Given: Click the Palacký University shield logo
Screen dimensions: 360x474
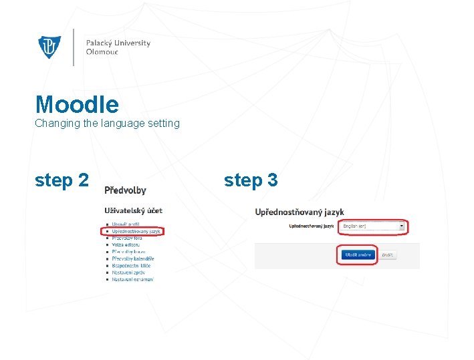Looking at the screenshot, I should coord(49,47).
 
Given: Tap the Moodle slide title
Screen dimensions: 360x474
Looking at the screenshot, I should coord(77,104).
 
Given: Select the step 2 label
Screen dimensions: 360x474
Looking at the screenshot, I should coord(62,180).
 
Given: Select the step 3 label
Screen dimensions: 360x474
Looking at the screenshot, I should coord(251,180).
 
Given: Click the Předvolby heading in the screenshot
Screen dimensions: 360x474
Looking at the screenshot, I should coord(125,190).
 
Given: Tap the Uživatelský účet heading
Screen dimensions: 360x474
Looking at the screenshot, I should coord(133,210).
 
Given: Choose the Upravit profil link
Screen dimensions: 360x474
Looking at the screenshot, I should coord(126,224).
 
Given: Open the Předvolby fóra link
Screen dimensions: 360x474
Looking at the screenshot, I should coord(127,238).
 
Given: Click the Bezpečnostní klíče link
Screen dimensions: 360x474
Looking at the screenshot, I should coord(131,265).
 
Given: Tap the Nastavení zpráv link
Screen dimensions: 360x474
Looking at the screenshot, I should coord(128,272).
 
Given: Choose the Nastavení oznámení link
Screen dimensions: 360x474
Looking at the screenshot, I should coord(132,279).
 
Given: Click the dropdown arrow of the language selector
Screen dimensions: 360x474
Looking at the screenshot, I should coord(402,226).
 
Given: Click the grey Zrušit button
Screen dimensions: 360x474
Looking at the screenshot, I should coord(387,255).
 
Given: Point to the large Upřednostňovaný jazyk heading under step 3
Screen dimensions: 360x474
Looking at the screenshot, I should coord(300,212).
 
